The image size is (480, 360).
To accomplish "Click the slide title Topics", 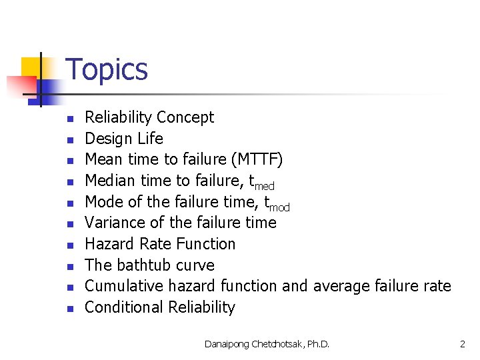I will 107,69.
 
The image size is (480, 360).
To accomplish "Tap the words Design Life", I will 124,139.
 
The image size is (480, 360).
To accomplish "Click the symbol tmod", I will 277,203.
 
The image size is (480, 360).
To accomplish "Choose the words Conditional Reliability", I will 160,307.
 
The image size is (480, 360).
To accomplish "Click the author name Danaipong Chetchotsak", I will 252,344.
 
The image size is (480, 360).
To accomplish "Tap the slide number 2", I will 462,344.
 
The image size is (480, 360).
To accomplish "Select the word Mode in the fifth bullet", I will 104,202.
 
